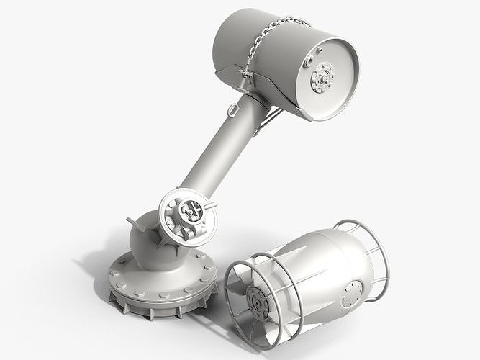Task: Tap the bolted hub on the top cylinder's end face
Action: click(x=322, y=77)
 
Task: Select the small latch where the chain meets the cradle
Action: click(x=247, y=76)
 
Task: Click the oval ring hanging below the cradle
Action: click(x=232, y=109)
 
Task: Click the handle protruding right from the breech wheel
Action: click(x=211, y=206)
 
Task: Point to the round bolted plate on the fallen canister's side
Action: click(x=353, y=294)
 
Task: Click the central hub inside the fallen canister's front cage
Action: click(x=256, y=302)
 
